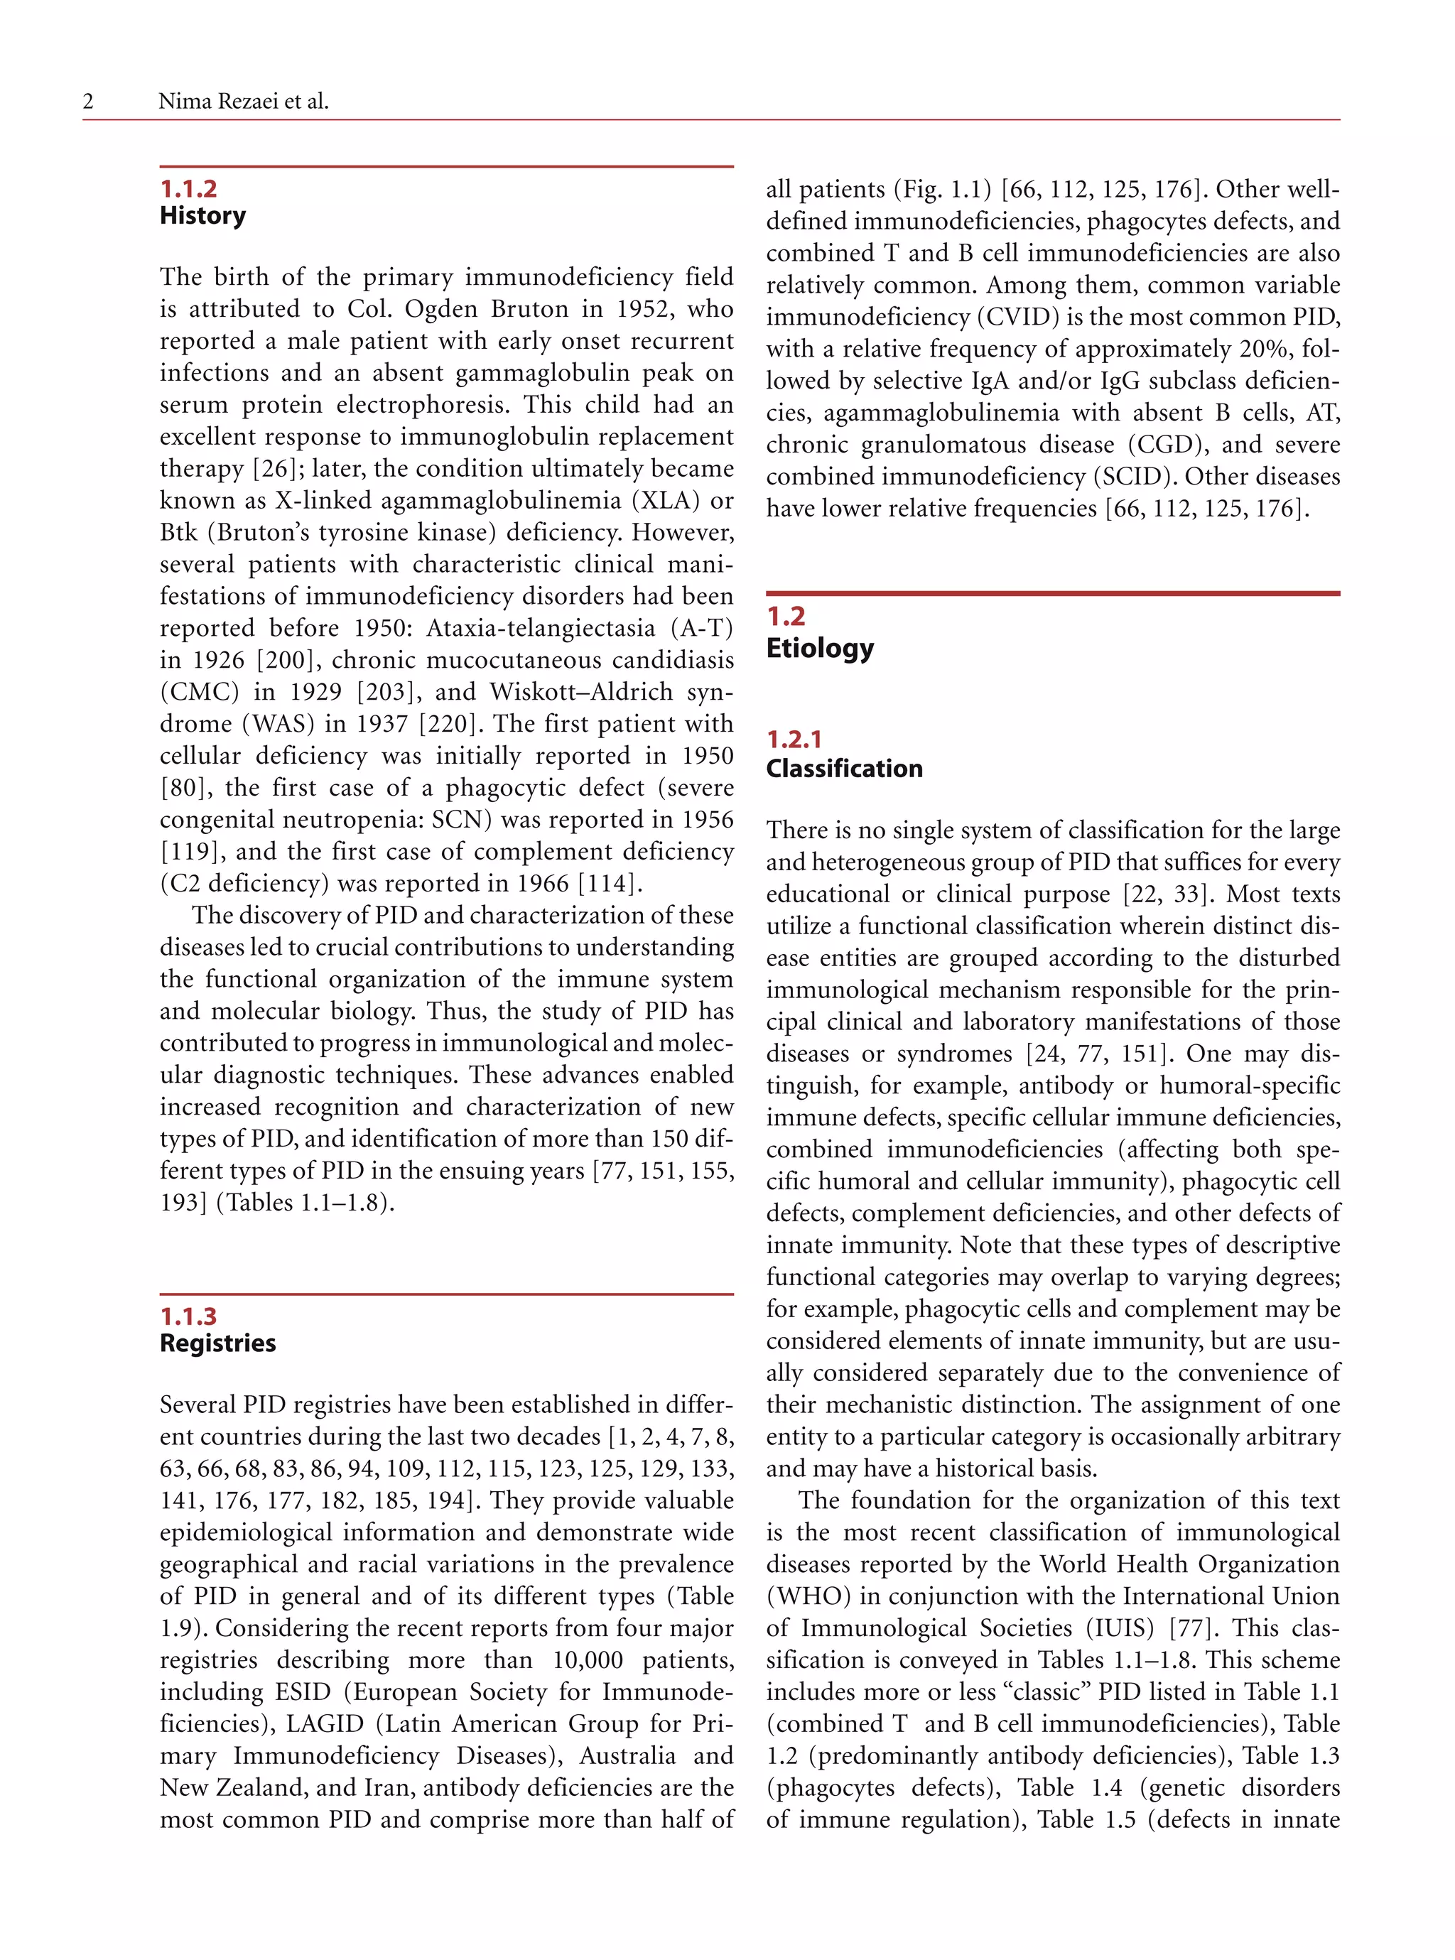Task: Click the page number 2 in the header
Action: tap(88, 102)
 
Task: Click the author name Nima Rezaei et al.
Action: tap(243, 102)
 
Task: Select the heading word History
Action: tap(202, 216)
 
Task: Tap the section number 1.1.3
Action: tap(188, 1316)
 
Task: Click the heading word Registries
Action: tap(217, 1343)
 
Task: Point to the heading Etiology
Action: tap(819, 648)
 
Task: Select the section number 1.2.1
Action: tap(794, 740)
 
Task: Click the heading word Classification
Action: tap(844, 769)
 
